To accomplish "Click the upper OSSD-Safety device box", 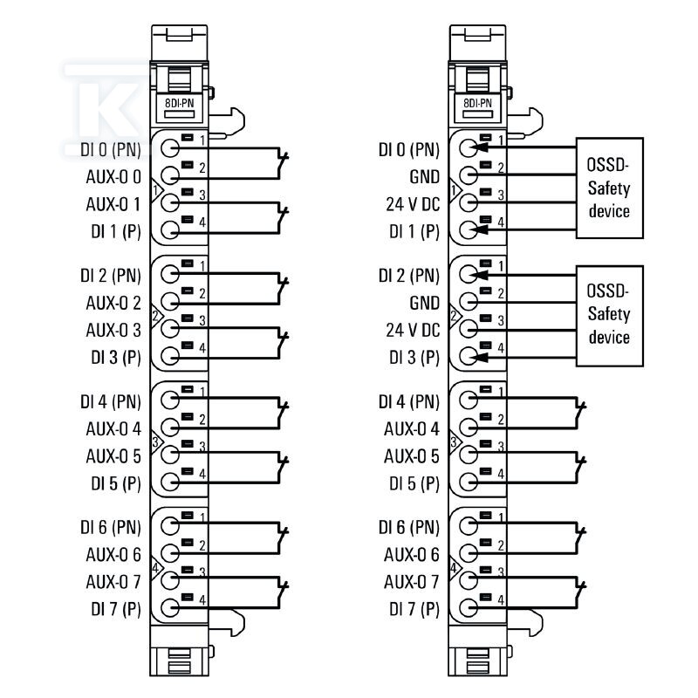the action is pyautogui.click(x=609, y=188).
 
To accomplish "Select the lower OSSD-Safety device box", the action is pyautogui.click(x=609, y=316).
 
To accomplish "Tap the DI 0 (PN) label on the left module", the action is pyautogui.click(x=111, y=149).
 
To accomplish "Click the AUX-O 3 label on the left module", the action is pyautogui.click(x=113, y=331).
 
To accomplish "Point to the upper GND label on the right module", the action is pyautogui.click(x=424, y=177).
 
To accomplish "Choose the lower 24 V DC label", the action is pyautogui.click(x=413, y=331).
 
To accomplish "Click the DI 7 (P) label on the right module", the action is pyautogui.click(x=414, y=608).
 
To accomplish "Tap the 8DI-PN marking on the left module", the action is pyautogui.click(x=180, y=103).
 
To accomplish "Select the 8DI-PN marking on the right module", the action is pyautogui.click(x=477, y=103).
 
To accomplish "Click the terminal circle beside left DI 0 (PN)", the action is pyautogui.click(x=170, y=148).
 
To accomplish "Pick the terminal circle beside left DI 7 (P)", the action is pyautogui.click(x=170, y=607).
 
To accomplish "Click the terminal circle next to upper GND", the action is pyautogui.click(x=469, y=175).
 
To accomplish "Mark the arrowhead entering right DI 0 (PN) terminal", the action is pyautogui.click(x=479, y=147).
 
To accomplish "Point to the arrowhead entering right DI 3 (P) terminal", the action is pyautogui.click(x=479, y=357).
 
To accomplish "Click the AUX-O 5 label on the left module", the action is pyautogui.click(x=113, y=456).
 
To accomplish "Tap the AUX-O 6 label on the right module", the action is pyautogui.click(x=412, y=555).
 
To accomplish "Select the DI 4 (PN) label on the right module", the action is pyautogui.click(x=408, y=401).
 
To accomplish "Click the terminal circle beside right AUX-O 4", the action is pyautogui.click(x=469, y=428).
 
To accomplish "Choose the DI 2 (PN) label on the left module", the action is pyautogui.click(x=111, y=276).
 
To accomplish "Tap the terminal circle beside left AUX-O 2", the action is pyautogui.click(x=170, y=301).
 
